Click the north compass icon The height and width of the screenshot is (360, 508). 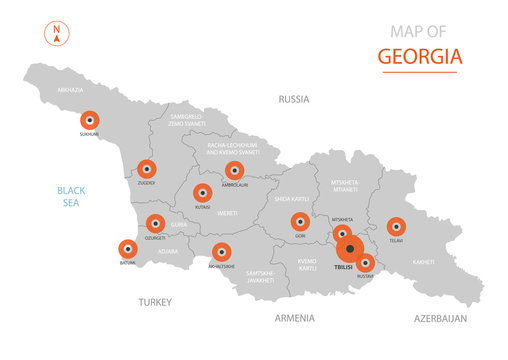(56, 33)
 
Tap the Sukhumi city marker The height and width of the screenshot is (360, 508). (90, 119)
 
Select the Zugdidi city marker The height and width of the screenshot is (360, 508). (147, 169)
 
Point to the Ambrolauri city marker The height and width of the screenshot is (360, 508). (235, 171)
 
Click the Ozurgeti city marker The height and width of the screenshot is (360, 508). (155, 224)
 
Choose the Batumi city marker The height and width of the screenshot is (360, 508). (128, 249)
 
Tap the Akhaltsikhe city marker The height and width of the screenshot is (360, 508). (221, 252)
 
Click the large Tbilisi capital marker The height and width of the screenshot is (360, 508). (349, 249)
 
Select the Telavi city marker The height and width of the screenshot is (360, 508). (396, 227)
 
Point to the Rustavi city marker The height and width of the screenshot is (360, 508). (366, 262)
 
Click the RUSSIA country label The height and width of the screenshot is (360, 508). (293, 99)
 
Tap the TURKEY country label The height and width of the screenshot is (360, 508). (155, 301)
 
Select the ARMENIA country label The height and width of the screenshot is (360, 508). (294, 318)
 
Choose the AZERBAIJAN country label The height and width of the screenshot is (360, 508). (440, 318)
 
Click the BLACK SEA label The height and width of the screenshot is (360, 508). (72, 195)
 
